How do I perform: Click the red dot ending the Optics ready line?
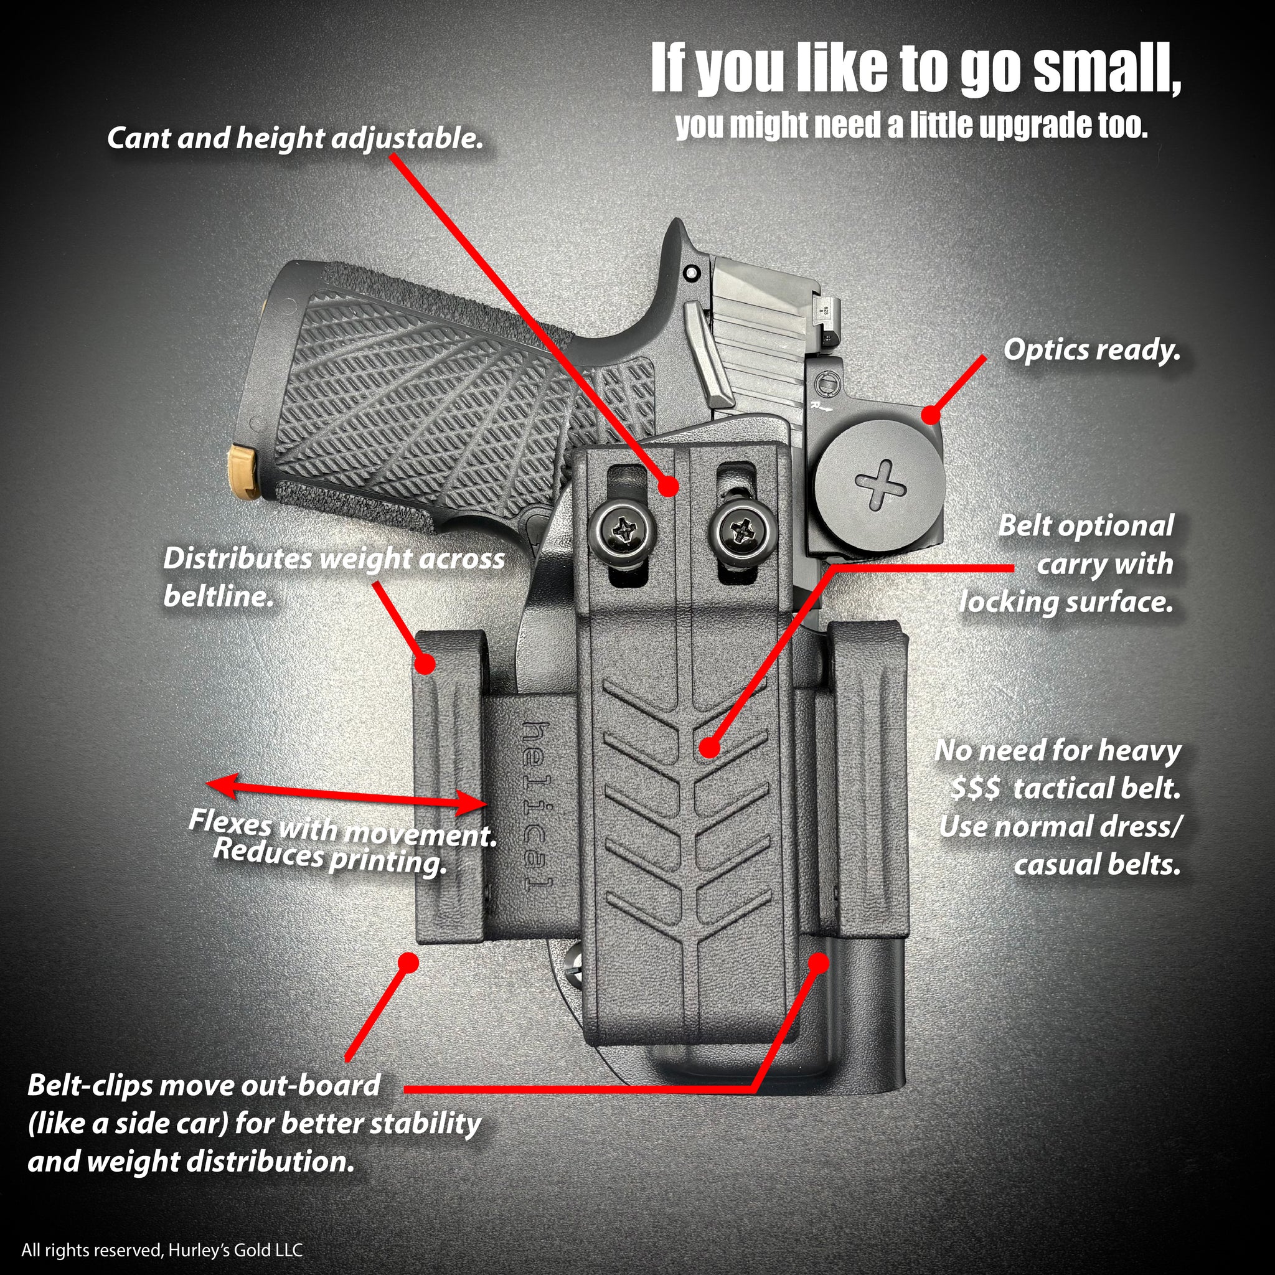point(930,415)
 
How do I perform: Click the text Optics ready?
point(1091,351)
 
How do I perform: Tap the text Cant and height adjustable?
point(295,139)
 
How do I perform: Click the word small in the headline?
point(1106,69)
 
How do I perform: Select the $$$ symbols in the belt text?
point(976,789)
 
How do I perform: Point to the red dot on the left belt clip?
point(426,664)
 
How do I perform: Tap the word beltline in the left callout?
point(219,596)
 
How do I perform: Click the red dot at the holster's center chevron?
point(708,748)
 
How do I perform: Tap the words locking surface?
point(1066,602)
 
